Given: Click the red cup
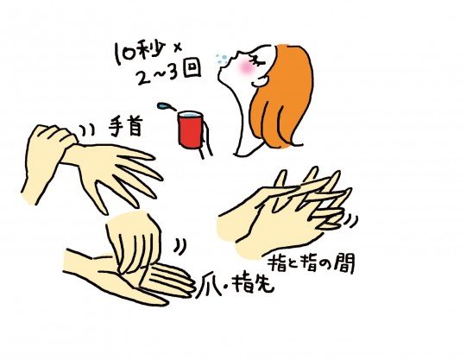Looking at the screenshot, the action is tap(191, 129).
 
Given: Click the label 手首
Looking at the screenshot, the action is tap(125, 126).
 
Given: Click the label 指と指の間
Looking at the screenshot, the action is tap(312, 263).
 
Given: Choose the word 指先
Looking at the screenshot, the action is tap(253, 285).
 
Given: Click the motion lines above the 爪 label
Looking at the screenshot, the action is tap(180, 246).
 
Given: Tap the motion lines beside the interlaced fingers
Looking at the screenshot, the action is tap(351, 221).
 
